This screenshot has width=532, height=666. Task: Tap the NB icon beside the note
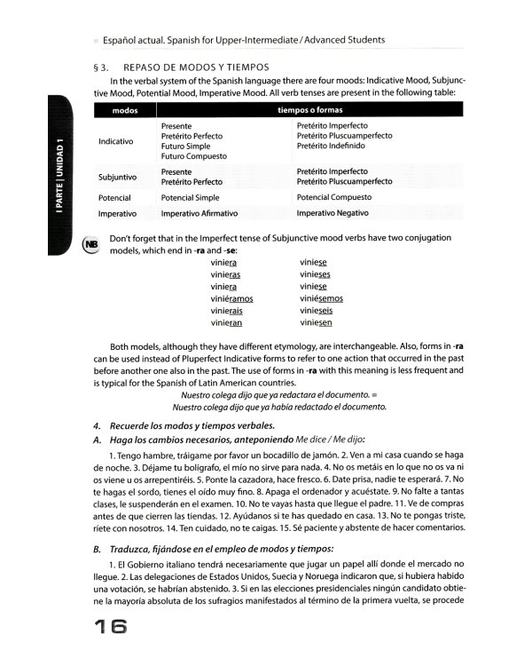[90, 243]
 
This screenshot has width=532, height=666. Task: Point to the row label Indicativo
[116, 141]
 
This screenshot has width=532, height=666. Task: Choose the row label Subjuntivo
[116, 177]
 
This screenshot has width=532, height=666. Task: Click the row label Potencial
[114, 197]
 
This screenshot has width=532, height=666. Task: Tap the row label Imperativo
[116, 214]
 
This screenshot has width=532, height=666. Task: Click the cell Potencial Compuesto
[340, 197]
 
